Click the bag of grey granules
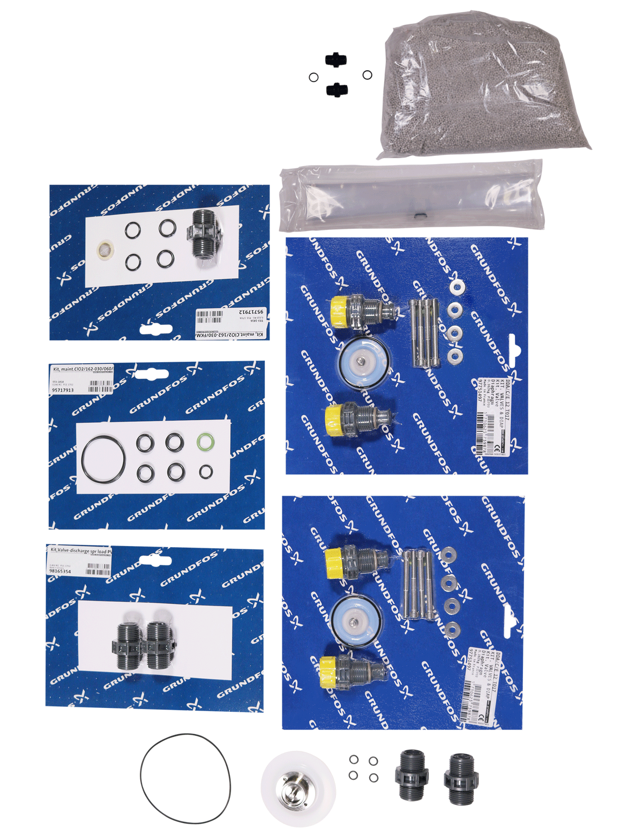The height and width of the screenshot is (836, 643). pos(485,88)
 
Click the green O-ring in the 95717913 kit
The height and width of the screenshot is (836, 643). pos(205,443)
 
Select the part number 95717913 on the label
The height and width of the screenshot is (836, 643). pos(63,390)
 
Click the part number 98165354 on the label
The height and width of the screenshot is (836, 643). pos(59,571)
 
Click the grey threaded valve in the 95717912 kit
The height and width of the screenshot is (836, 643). pos(204,234)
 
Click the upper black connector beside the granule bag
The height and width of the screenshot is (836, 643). pos(336,59)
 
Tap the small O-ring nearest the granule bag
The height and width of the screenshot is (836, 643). pos(368,75)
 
